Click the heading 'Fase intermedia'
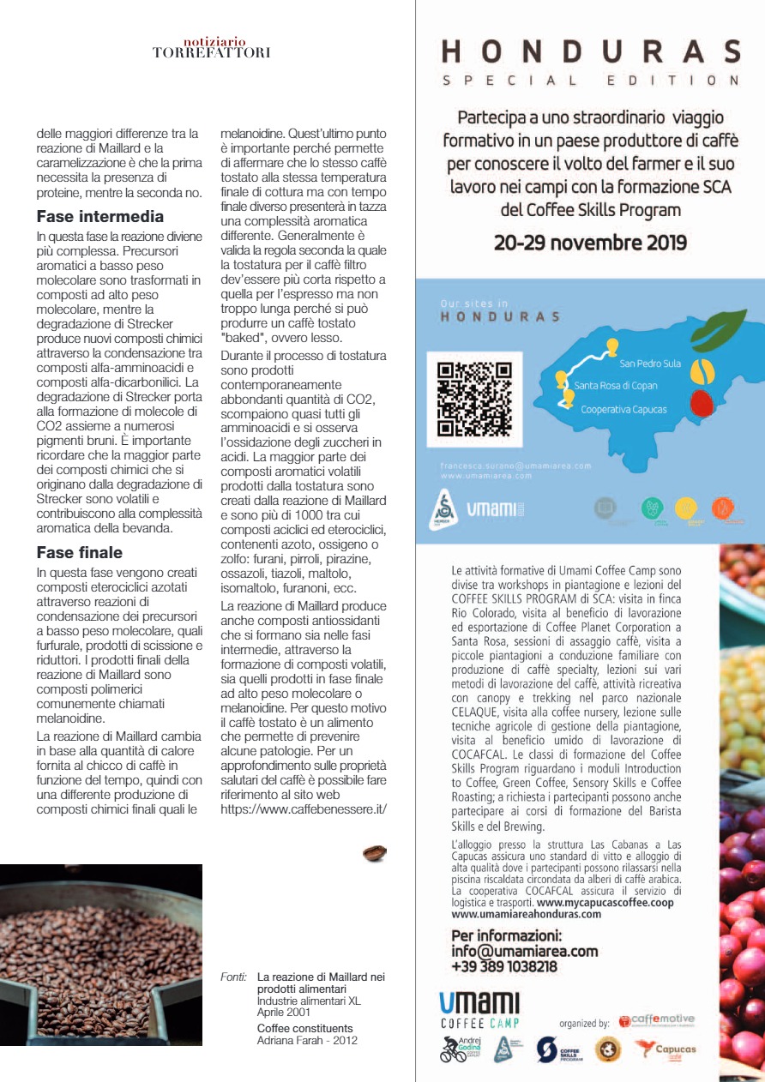[100, 217]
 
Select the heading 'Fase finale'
[80, 552]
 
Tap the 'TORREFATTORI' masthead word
[211, 52]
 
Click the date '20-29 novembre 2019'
[590, 243]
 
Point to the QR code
[474, 400]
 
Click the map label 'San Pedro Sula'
[650, 364]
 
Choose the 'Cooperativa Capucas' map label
[623, 410]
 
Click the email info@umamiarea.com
[525, 951]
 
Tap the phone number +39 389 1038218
[504, 966]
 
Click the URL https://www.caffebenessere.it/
[304, 808]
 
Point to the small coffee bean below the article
[374, 853]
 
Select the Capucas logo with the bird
[666, 1049]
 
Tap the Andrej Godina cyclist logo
[461, 1049]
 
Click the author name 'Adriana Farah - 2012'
[307, 1040]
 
